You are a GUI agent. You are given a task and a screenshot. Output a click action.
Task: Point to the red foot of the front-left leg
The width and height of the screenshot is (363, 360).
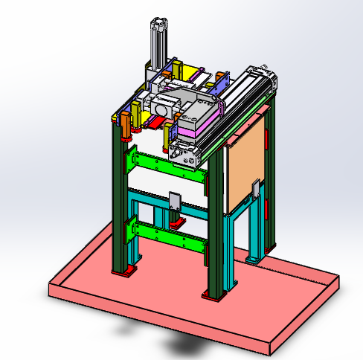click(x=123, y=271)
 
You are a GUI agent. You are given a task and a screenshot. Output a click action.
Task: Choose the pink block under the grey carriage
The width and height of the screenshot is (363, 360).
click(x=195, y=133)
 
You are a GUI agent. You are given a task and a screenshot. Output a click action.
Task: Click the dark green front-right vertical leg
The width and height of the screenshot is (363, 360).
click(x=214, y=223)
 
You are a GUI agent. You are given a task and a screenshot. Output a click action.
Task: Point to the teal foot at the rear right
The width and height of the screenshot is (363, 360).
click(x=254, y=259)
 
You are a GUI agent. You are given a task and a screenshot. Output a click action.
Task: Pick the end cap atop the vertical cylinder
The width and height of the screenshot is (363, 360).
click(x=159, y=24)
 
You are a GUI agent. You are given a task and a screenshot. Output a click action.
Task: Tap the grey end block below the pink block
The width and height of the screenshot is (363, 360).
click(x=186, y=154)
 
